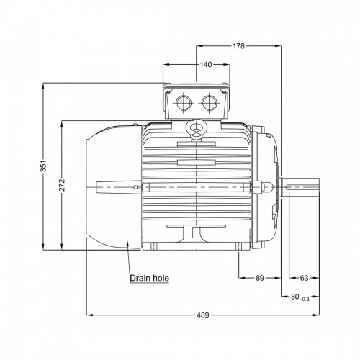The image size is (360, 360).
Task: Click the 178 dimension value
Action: click(238, 46)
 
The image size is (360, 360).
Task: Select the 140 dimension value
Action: click(206, 65)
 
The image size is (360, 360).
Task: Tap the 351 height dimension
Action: click(43, 166)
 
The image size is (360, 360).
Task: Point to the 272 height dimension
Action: click(62, 185)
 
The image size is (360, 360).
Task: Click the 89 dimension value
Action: click(260, 278)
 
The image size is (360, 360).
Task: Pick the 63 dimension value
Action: click(304, 278)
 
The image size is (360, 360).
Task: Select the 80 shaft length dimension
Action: click(295, 297)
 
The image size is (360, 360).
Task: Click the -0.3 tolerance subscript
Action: click(305, 299)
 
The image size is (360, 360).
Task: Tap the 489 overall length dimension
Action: click(203, 315)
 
